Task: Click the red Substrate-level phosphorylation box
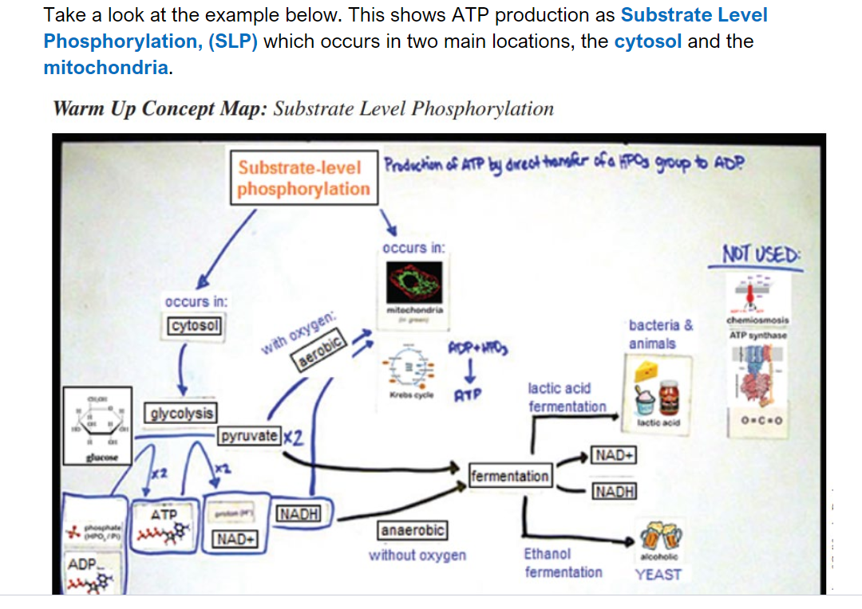(303, 179)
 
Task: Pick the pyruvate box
(250, 436)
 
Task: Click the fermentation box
(510, 476)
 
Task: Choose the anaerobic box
(412, 529)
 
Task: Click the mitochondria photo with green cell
(415, 282)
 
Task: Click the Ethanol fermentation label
(563, 563)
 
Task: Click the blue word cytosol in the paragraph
(647, 41)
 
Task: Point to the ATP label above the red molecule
(164, 514)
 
